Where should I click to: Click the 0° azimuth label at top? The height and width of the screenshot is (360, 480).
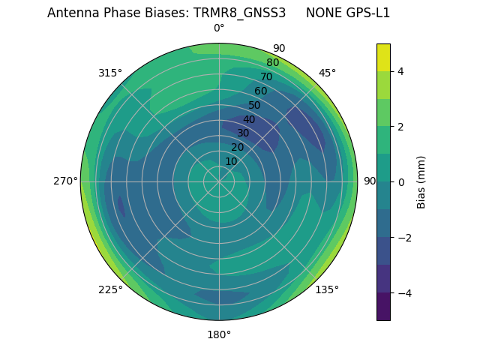point(219,28)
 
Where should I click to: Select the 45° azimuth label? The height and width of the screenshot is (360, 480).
point(327,73)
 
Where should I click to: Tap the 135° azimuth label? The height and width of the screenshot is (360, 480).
point(327,289)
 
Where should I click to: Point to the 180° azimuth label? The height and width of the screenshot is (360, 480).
point(219,334)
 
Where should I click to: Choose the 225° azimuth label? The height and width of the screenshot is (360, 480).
point(110,289)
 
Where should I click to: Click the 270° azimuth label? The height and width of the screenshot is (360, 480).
point(66,181)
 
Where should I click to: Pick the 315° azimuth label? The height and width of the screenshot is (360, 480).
point(110,73)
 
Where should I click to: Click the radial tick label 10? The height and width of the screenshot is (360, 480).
point(231,161)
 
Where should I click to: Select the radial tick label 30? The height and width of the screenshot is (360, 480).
point(243,133)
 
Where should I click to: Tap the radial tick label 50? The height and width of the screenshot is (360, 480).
point(255,106)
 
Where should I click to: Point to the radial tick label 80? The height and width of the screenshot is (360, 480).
point(272,63)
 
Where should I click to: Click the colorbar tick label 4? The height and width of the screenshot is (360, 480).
point(401,71)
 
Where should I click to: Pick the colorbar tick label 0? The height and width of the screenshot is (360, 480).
point(401,182)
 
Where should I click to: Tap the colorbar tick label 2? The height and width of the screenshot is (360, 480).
point(401,127)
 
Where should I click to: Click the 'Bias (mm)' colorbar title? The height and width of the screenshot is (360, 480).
point(421,182)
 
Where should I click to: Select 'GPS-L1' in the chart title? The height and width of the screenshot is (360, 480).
point(368,13)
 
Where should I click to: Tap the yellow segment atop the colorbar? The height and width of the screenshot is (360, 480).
point(383,57)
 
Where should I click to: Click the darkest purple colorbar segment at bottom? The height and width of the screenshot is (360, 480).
point(383,307)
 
